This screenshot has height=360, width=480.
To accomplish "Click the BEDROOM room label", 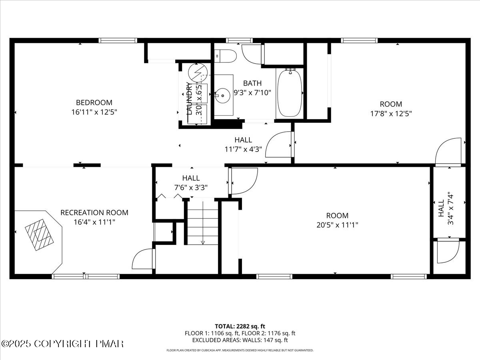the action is pos(94,102).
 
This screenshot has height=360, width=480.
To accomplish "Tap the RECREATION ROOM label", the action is pos(94,213).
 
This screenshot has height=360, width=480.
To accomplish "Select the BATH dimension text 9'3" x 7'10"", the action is pos(252,93).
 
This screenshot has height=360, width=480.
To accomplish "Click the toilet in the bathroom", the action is pos(225,56).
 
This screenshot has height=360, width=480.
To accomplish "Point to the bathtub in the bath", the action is pos(290,93).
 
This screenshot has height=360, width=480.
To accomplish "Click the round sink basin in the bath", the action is pos(222,96).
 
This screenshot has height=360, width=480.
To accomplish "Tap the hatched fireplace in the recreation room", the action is pos(39,235).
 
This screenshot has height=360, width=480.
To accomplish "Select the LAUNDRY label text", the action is pos(189,98).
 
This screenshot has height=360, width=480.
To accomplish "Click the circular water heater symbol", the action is pos(198,72).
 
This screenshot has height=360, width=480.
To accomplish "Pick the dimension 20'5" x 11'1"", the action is pos(337,225).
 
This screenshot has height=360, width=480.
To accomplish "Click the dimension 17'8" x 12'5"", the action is pos(391,114).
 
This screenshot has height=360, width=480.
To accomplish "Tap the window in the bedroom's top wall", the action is pos(118,40).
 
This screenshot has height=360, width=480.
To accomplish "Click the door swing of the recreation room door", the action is pos(142,259).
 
